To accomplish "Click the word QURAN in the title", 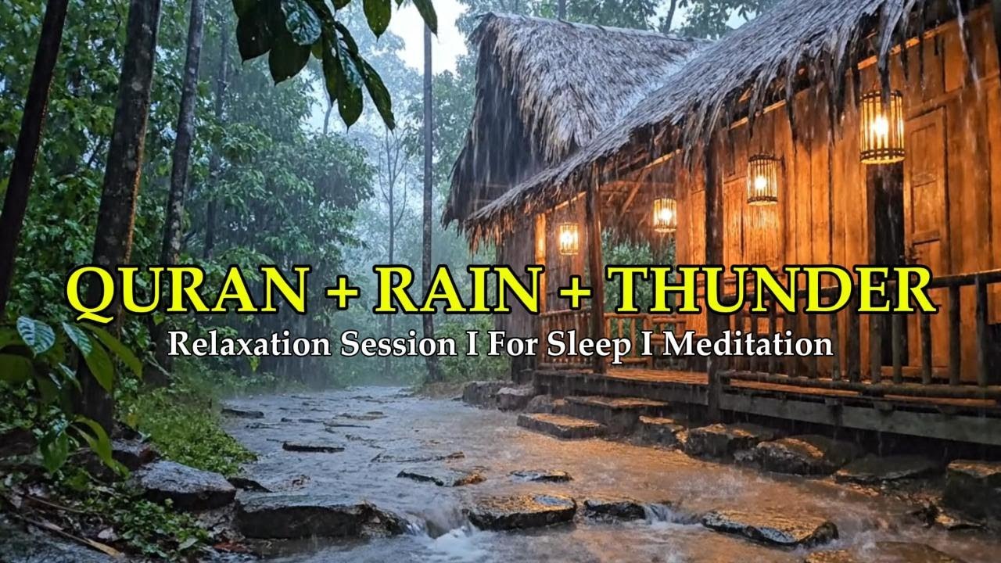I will point(188,290).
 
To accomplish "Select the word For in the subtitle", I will point(510,344).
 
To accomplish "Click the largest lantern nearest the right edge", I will point(881,127).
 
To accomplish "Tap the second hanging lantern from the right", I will point(762,180).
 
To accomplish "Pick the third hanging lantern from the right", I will point(665,214).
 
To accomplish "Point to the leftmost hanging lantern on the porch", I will point(568,238).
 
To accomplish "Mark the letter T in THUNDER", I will point(635,290).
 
